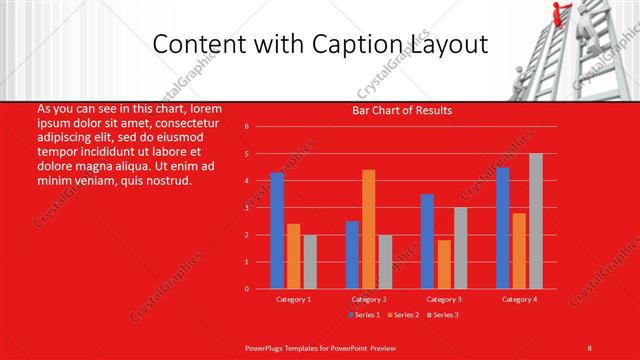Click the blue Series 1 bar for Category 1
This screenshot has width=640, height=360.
click(277, 231)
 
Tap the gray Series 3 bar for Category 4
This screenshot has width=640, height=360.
click(535, 221)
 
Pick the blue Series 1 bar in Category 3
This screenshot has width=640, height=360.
click(427, 241)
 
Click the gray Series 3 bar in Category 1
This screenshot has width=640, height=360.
click(309, 262)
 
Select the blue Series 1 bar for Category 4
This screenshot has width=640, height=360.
click(502, 228)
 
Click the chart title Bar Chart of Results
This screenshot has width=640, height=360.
click(403, 110)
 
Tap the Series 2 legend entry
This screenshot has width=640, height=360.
click(402, 315)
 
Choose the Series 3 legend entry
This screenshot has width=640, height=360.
click(443, 315)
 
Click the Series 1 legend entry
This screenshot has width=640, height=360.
click(362, 315)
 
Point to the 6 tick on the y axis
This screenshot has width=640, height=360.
click(246, 127)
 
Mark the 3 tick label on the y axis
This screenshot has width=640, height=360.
click(246, 208)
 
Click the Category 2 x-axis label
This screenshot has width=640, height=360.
click(368, 299)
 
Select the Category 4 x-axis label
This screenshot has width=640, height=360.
click(518, 299)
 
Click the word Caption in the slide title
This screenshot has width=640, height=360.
click(357, 45)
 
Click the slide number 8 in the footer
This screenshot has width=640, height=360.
click(590, 346)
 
